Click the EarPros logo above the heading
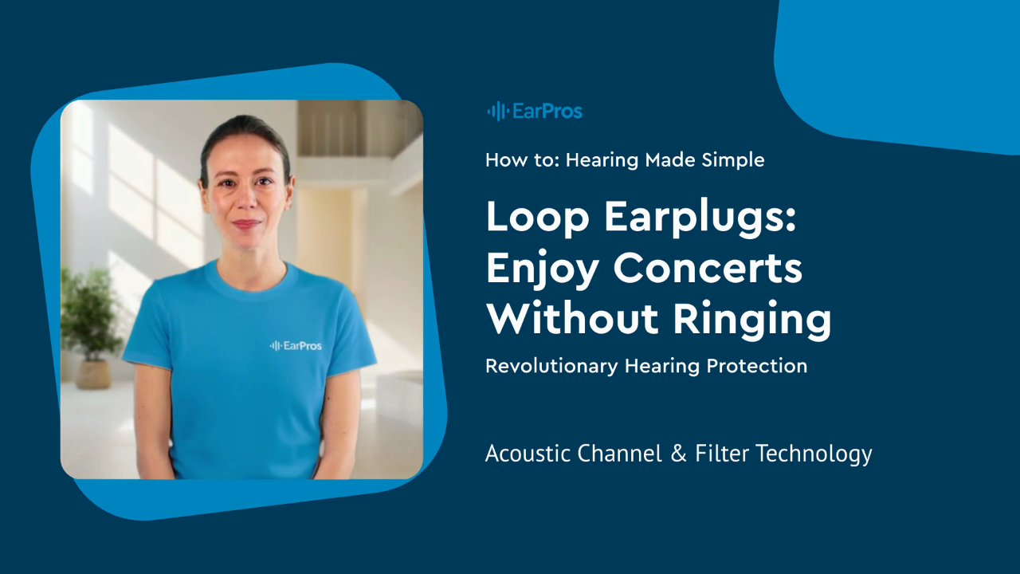coord(535,111)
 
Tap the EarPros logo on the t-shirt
coord(296,346)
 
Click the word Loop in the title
coord(538,218)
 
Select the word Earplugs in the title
coord(700,218)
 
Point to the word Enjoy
coord(542,269)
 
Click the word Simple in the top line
coord(733,160)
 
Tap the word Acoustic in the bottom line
coord(528,454)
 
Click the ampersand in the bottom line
coord(678,454)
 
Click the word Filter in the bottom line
coord(722,454)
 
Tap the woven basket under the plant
coord(93,374)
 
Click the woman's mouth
coord(246,224)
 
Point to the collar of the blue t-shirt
coord(251,279)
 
